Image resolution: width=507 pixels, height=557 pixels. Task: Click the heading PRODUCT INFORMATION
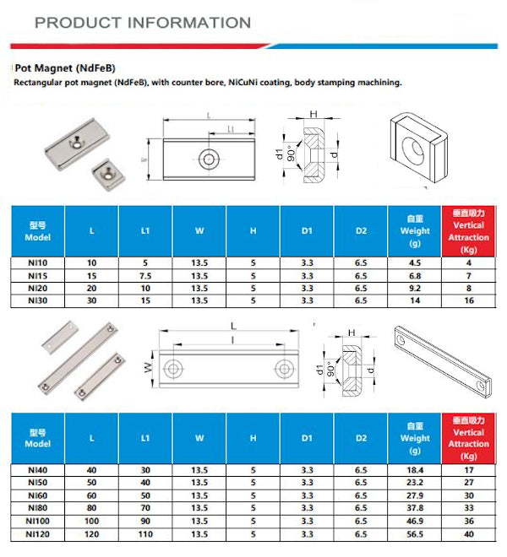(x=143, y=23)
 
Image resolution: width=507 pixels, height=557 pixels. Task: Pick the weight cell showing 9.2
(x=415, y=287)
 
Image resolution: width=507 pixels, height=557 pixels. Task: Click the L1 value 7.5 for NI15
(x=145, y=275)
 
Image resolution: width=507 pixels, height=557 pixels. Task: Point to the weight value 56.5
(x=415, y=534)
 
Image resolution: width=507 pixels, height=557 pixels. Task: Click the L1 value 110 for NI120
(x=145, y=534)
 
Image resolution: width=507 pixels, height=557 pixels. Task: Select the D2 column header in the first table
(x=361, y=231)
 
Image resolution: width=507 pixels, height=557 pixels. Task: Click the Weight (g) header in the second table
(x=415, y=438)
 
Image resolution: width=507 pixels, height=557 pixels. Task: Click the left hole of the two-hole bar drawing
(x=174, y=367)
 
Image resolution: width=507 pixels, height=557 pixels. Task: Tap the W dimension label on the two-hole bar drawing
(x=147, y=367)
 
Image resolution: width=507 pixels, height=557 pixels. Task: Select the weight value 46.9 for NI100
(x=415, y=522)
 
